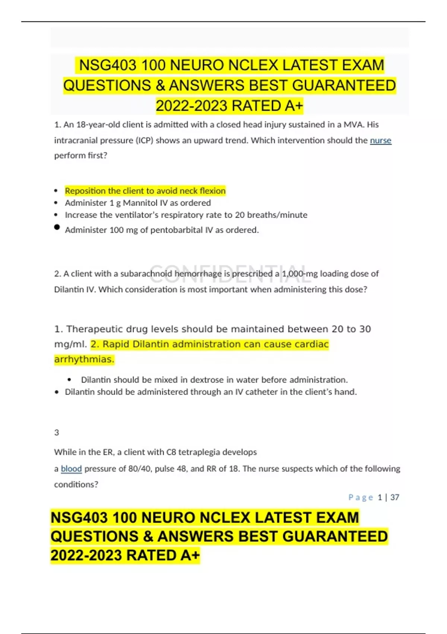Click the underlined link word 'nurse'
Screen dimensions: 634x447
380,140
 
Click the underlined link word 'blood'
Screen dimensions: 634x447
71,468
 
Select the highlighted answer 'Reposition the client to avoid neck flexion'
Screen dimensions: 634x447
145,191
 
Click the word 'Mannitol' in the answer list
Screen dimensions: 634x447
140,203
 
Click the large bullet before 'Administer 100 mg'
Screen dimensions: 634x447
57,227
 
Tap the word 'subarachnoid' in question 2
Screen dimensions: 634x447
146,274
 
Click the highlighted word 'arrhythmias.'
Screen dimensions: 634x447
84,359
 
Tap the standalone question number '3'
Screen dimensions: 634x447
57,432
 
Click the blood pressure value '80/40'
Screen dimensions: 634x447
139,468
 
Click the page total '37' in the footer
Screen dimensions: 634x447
395,497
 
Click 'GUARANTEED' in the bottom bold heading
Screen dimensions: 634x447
335,536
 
